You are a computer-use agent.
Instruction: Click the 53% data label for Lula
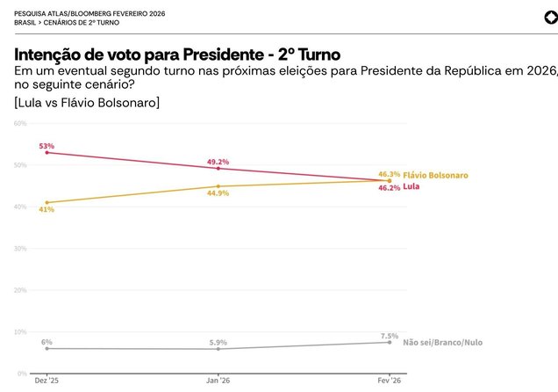[46, 145]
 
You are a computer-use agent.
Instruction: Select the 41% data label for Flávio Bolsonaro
[46, 209]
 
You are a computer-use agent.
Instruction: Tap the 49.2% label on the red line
[218, 162]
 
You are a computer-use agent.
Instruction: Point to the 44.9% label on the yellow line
[218, 192]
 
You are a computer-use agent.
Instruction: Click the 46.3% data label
[389, 174]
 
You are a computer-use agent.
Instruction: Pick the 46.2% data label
[389, 187]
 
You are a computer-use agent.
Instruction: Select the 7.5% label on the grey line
[390, 336]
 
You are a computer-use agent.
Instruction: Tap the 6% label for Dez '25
[46, 341]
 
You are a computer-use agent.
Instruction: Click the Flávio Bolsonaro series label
[435, 175]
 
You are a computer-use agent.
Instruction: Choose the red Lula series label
[411, 187]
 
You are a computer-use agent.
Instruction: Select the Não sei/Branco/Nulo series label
[442, 342]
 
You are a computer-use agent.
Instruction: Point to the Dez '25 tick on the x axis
[46, 381]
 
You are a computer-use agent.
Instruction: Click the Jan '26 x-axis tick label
[218, 381]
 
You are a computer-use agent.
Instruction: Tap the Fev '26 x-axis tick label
[390, 381]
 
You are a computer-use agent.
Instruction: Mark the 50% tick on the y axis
[20, 165]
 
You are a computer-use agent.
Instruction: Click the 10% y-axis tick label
[20, 332]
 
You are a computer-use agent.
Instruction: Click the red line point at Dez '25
[46, 153]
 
